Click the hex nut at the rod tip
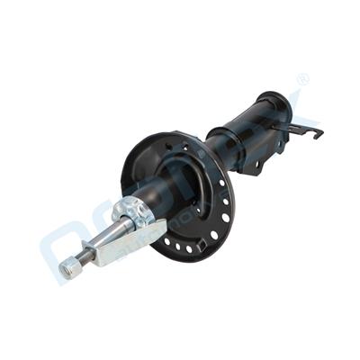coord(68,267)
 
